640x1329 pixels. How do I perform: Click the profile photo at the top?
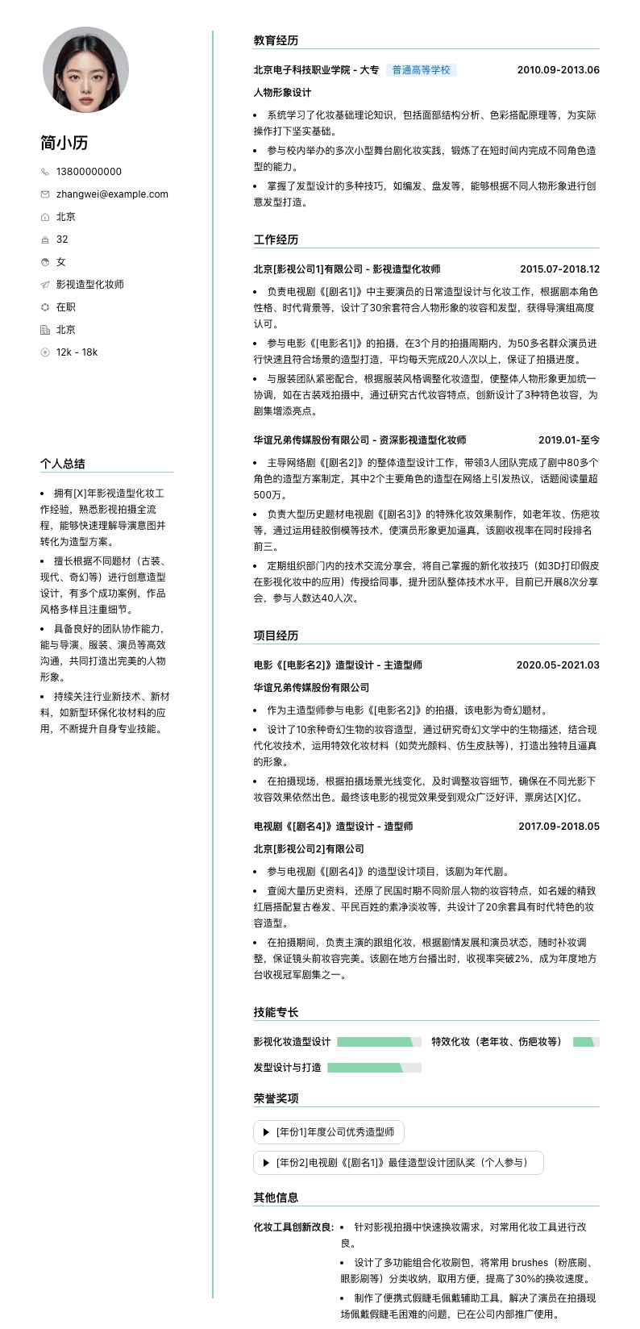tap(85, 69)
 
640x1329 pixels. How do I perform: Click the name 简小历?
tap(64, 143)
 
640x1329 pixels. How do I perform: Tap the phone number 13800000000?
tap(89, 171)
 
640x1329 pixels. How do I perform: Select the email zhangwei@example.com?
tap(112, 194)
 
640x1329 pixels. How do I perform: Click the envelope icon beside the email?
tap(45, 194)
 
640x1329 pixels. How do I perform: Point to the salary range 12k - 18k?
tap(77, 352)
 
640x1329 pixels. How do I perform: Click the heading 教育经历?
tap(276, 40)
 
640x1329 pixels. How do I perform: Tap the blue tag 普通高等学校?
tap(421, 70)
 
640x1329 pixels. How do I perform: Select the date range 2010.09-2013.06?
tap(558, 70)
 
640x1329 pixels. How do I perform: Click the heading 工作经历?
tap(276, 240)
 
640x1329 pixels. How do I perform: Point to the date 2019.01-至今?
tap(568, 440)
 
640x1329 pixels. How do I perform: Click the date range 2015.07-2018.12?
tap(559, 269)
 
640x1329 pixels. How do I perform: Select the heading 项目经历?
tap(276, 635)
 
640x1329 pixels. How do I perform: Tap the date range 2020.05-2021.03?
tap(558, 665)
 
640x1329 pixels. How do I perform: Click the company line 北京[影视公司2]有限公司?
tap(309, 849)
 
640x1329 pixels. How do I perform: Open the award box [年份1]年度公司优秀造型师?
tap(329, 1132)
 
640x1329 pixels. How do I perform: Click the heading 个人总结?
tap(63, 464)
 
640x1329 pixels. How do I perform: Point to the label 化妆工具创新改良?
tap(293, 1227)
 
